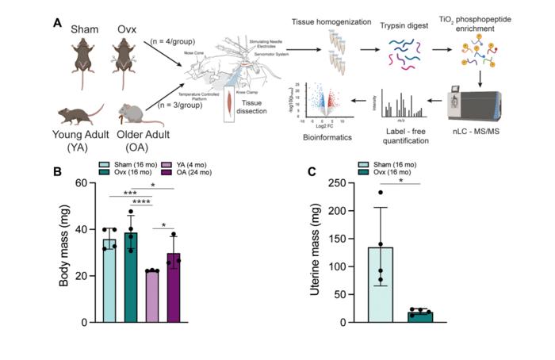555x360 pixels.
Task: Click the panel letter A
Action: tap(58, 23)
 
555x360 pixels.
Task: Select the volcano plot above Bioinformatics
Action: tap(320, 102)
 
